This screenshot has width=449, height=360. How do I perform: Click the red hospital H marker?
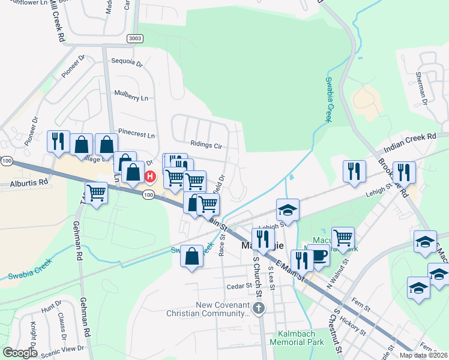tap(150, 177)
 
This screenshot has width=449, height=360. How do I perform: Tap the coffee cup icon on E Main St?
tap(318, 255)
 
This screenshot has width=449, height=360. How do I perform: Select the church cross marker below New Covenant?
tap(259, 308)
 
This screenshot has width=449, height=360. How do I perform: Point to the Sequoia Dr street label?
tap(127, 62)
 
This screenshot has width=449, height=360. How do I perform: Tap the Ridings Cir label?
tap(206, 145)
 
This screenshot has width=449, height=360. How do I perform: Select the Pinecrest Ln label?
tap(136, 136)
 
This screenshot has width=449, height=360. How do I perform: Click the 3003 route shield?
tap(135, 38)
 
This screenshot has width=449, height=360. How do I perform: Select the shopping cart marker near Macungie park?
tap(343, 237)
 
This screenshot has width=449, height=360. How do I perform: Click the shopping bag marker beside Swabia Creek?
tap(191, 256)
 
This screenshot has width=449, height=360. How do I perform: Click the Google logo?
tap(20, 353)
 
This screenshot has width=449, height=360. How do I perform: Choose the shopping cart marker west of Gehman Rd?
tap(96, 193)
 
